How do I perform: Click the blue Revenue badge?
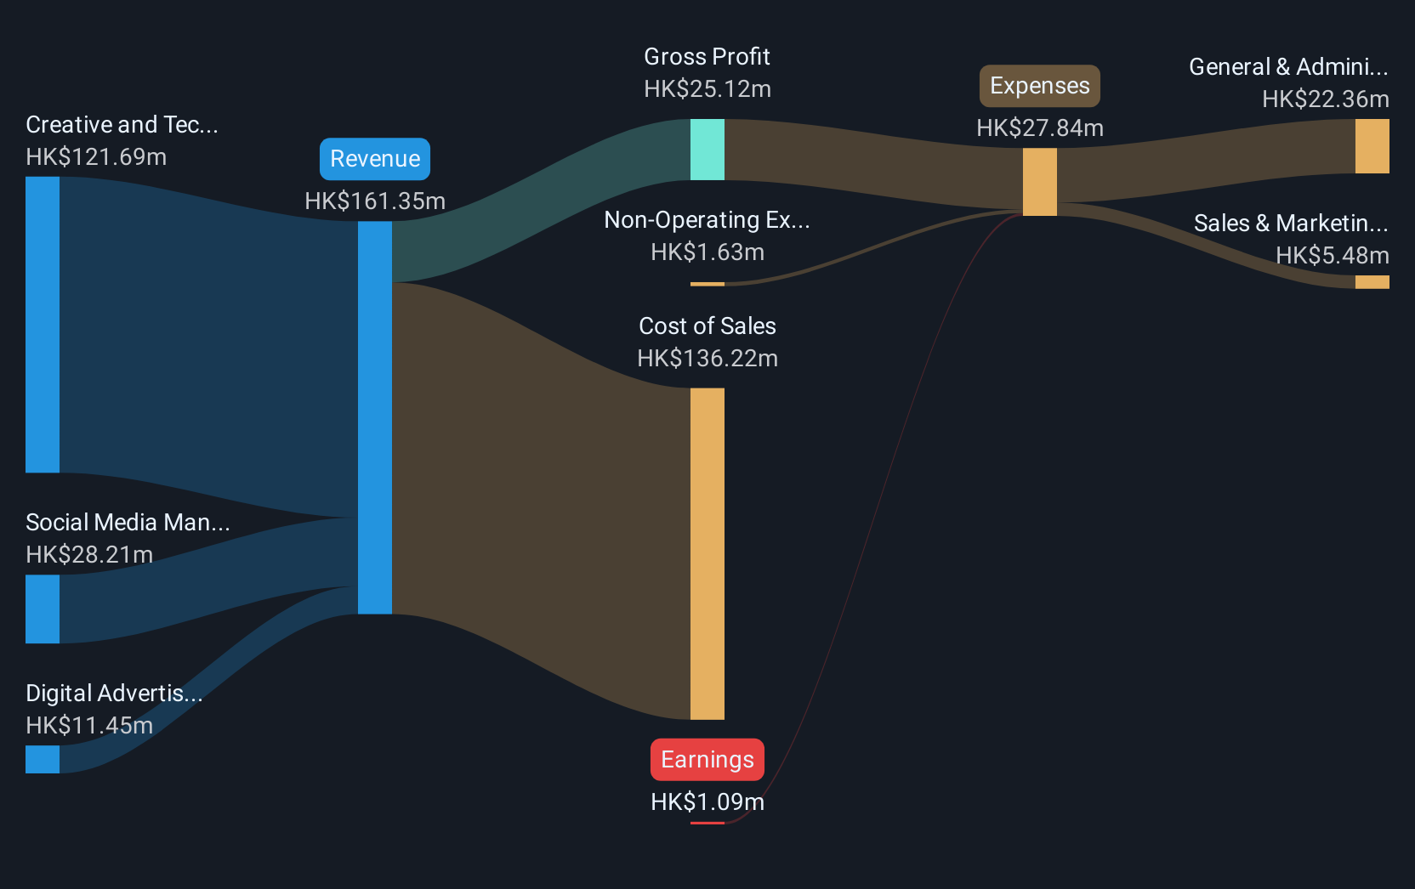pos(375,159)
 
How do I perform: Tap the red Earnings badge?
pos(707,760)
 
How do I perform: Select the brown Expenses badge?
pos(1040,86)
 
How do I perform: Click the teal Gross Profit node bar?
pos(707,150)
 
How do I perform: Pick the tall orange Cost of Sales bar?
pos(707,554)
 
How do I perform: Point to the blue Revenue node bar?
pos(375,417)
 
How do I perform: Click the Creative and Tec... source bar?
pos(43,325)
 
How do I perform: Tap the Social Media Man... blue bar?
pos(43,609)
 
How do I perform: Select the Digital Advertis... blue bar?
pos(43,759)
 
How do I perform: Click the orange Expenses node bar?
pos(1040,182)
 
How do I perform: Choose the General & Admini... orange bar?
pos(1372,146)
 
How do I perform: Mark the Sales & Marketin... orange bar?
pos(1372,282)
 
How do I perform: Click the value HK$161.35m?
pos(375,201)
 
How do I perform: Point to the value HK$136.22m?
pos(707,359)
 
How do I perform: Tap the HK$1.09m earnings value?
pos(707,801)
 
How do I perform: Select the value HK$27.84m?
pos(1040,128)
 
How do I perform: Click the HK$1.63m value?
pos(707,252)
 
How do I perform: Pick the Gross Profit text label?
pos(707,57)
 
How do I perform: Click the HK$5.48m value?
pos(1333,256)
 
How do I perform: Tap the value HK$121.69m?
pos(96,156)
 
